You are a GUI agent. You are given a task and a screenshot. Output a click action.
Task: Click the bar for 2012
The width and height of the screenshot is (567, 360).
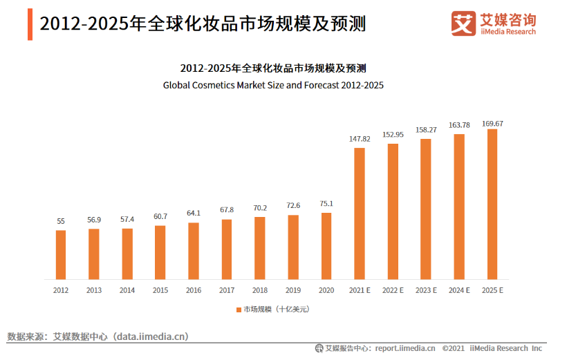click(61, 254)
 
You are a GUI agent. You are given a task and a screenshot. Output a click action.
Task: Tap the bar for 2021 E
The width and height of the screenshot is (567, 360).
click(360, 214)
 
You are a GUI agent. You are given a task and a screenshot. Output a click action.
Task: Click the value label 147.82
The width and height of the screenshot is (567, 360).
click(360, 139)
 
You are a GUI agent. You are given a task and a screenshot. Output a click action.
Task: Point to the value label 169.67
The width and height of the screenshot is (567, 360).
click(492, 124)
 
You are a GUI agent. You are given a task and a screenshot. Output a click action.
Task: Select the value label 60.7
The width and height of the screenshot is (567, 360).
click(160, 217)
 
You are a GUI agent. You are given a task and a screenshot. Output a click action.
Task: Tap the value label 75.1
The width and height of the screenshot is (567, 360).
click(326, 204)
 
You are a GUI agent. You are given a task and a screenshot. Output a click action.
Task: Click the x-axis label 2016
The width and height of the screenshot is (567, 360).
click(194, 291)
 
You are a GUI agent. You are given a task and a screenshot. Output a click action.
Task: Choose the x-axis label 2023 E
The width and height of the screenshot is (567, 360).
click(426, 291)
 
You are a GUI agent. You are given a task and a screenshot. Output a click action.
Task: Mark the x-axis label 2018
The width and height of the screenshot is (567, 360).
click(260, 291)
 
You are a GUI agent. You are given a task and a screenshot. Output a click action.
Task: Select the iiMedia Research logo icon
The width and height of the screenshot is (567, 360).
click(463, 23)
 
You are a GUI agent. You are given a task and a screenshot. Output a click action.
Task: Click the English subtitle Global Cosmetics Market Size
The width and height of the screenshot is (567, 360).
click(273, 86)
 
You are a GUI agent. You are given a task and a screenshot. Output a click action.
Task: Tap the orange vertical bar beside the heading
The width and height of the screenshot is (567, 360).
click(30, 24)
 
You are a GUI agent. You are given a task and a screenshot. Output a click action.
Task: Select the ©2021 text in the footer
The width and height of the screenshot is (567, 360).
click(453, 348)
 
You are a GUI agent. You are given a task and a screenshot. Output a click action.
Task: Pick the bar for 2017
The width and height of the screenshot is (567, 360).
click(227, 249)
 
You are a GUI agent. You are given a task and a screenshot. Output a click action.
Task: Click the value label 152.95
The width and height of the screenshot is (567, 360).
click(393, 135)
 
